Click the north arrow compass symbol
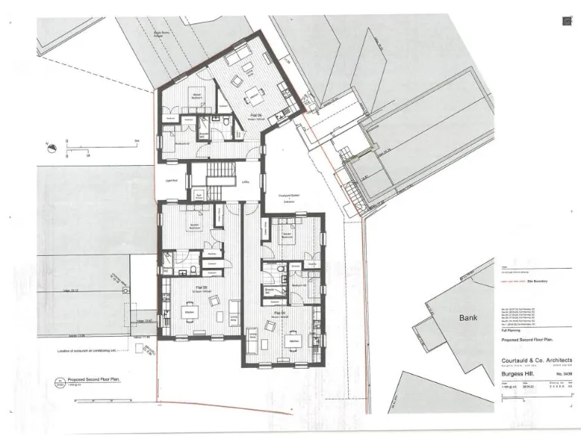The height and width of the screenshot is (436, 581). point(48,145)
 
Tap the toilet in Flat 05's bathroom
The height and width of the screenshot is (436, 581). point(194,269)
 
